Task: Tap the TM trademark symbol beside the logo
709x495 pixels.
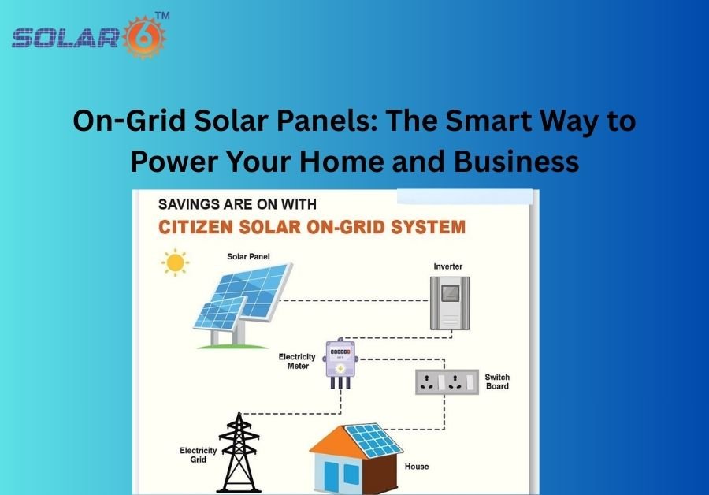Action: point(162,16)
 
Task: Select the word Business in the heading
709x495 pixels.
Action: point(516,161)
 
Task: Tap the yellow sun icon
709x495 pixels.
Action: point(176,262)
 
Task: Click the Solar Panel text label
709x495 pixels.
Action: point(248,256)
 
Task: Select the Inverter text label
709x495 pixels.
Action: point(448,266)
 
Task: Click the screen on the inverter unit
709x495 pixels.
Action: point(450,293)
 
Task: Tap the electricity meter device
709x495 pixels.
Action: point(340,363)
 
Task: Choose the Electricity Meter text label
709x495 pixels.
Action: point(297,362)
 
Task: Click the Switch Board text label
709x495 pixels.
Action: point(497,381)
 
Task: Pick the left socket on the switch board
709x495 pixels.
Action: point(426,381)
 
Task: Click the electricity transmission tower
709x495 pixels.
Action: point(239,452)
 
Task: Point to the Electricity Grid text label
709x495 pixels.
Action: point(198,455)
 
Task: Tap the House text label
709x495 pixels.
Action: point(417,467)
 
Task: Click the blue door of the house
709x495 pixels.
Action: point(331,477)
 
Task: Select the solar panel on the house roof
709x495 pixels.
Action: point(373,441)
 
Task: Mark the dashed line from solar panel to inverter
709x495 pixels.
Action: point(354,300)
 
